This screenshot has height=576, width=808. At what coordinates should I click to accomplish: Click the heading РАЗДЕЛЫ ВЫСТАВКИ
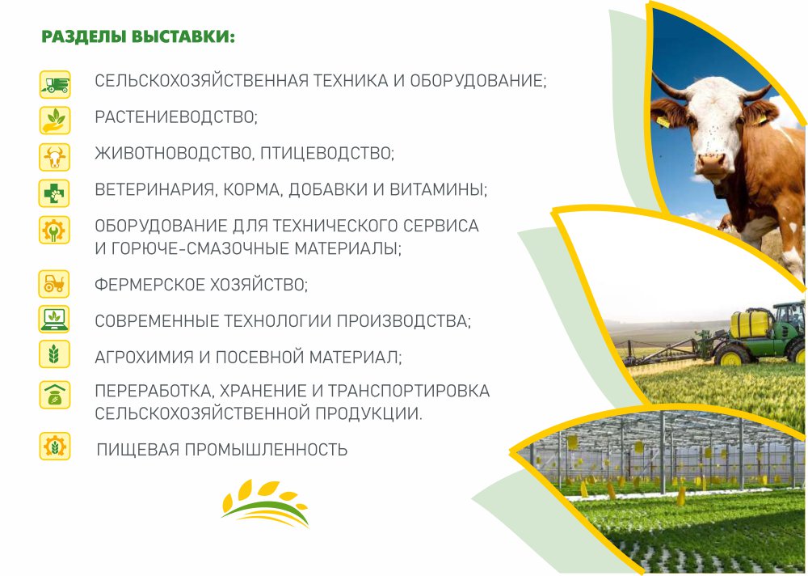138,37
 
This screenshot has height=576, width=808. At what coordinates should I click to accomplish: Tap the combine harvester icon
55,85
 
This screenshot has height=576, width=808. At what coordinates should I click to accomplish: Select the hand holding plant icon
55,121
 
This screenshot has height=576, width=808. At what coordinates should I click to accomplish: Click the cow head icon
55,157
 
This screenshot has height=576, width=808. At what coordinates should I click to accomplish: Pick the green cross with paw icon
54,193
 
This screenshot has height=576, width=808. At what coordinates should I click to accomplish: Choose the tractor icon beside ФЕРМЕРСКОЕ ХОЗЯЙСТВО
54,284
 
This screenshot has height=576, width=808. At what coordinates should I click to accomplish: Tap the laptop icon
54,319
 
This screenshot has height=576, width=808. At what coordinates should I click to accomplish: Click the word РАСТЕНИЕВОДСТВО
175,117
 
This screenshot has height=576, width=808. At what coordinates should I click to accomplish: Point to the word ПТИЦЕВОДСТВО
326,153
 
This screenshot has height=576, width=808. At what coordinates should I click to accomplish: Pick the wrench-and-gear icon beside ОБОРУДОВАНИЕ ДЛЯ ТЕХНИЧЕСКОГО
54,230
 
